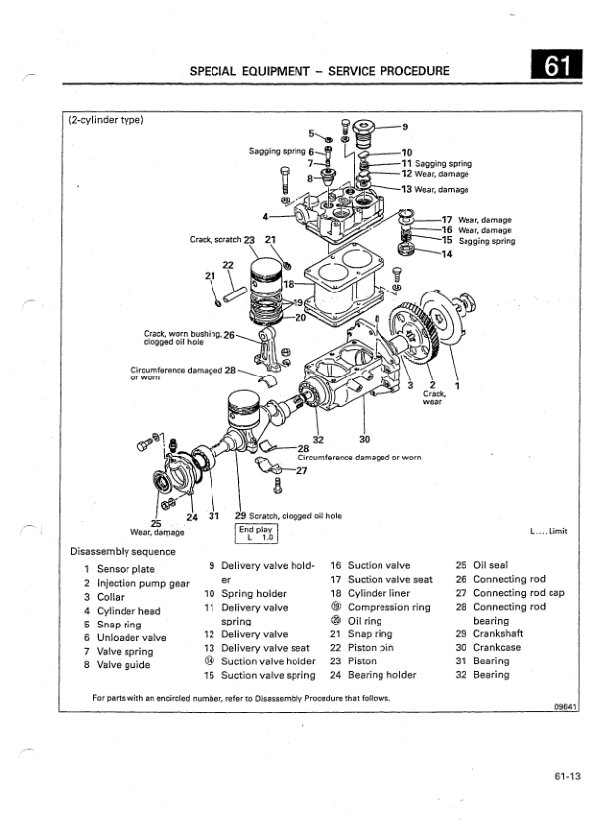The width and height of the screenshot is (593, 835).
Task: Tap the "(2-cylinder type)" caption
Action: (107, 121)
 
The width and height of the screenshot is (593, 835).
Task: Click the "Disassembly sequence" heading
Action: (124, 551)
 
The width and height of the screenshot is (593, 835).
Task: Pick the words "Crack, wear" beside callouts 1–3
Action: (432, 398)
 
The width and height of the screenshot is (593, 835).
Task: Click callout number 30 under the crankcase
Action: (364, 440)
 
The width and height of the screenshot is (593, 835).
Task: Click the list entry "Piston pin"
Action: (374, 648)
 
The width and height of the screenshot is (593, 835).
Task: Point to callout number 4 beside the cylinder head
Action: (265, 215)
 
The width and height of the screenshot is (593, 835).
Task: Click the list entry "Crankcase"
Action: (497, 648)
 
